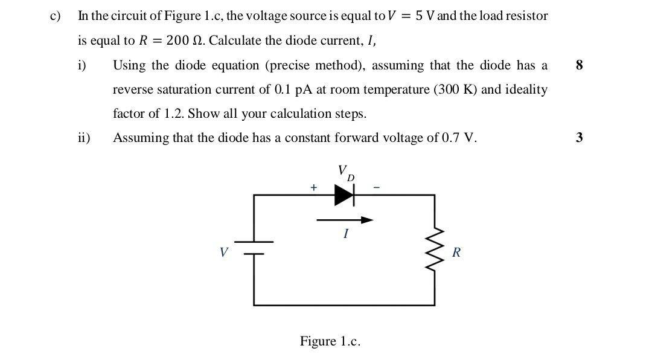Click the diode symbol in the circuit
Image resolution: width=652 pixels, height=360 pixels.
point(345,195)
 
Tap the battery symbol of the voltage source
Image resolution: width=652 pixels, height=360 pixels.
point(254,248)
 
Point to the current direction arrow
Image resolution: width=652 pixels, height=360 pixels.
point(345,220)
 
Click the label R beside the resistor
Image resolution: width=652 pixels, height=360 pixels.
point(456,252)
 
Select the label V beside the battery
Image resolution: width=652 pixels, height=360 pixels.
point(224,252)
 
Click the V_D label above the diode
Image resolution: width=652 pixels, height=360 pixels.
point(345,172)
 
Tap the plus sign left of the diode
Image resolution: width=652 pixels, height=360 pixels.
point(313,188)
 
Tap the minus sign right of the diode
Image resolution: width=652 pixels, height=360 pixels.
point(377,188)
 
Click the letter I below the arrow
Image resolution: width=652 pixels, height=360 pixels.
point(345,234)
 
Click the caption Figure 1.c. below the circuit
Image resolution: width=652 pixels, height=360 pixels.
point(330,341)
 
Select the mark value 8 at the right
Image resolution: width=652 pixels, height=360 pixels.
point(580,65)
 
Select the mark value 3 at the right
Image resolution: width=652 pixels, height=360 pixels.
point(580,138)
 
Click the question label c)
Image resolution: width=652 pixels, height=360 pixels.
point(56,16)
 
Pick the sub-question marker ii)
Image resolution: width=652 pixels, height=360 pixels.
point(84,138)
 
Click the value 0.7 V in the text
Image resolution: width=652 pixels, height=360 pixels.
point(459,138)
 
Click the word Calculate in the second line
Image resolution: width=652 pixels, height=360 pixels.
point(235,41)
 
